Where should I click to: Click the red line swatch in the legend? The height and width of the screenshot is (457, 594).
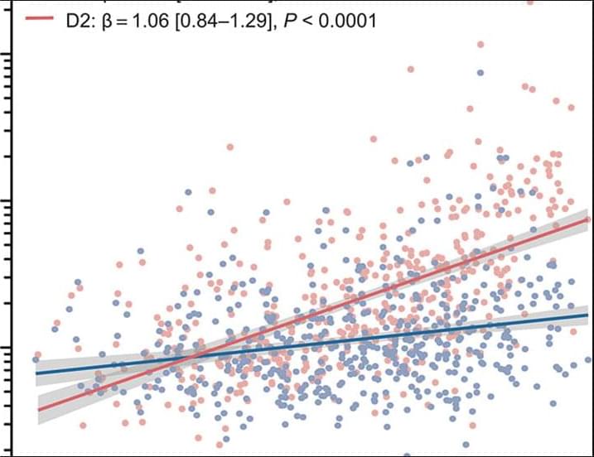click(x=36, y=20)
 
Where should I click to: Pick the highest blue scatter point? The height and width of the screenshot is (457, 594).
click(x=480, y=74)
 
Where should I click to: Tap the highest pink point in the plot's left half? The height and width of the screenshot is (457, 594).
click(x=229, y=147)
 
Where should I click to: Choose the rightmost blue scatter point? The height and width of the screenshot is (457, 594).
click(x=588, y=360)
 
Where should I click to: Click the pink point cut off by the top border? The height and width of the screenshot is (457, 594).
click(x=529, y=2)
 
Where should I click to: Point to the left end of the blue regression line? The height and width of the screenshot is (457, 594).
click(x=37, y=373)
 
